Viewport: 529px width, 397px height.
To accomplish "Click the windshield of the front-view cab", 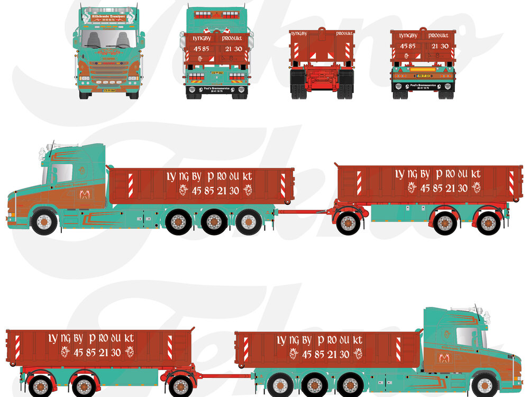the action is [x=108, y=39].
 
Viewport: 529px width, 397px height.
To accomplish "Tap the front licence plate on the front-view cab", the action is [x=108, y=90].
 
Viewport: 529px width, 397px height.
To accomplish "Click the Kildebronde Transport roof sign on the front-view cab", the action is [x=108, y=17].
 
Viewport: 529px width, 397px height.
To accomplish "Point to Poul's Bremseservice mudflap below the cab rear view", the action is [x=217, y=90].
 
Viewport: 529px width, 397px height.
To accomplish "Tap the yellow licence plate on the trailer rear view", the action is [x=423, y=69].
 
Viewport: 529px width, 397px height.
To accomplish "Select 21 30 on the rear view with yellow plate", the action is [x=440, y=46].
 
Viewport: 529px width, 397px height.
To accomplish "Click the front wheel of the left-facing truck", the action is [x=44, y=222].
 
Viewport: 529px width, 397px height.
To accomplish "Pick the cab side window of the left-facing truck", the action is [x=61, y=174].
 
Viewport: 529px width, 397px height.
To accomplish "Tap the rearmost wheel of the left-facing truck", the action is [x=248, y=222].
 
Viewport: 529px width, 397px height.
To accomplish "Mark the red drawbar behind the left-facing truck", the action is [x=304, y=212].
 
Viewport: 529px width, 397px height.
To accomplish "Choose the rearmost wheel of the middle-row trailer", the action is [x=488, y=223].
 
